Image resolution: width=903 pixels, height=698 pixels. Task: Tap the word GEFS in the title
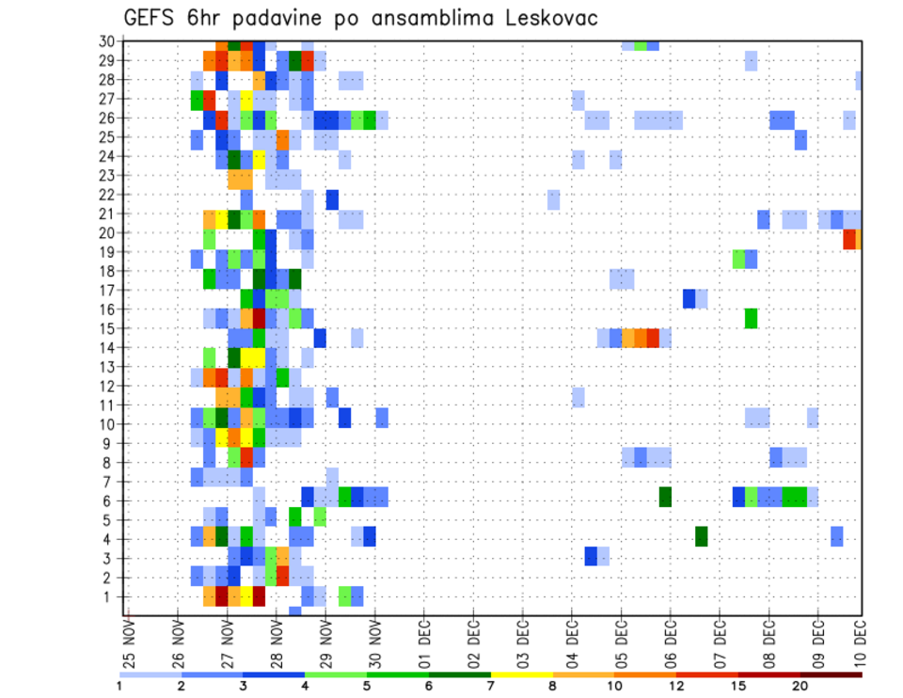[153, 18]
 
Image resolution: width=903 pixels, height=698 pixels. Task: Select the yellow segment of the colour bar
[521, 674]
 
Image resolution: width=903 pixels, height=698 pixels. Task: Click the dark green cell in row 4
[702, 536]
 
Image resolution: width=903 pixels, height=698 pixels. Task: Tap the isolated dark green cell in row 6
[665, 498]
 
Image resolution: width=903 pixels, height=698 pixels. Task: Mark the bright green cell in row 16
[751, 318]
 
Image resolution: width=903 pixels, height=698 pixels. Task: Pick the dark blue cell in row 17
[689, 299]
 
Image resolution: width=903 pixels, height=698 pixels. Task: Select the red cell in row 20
[849, 239]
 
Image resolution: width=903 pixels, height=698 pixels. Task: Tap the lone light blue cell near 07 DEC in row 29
[751, 60]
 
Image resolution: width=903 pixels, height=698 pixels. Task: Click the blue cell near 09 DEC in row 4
[837, 536]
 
